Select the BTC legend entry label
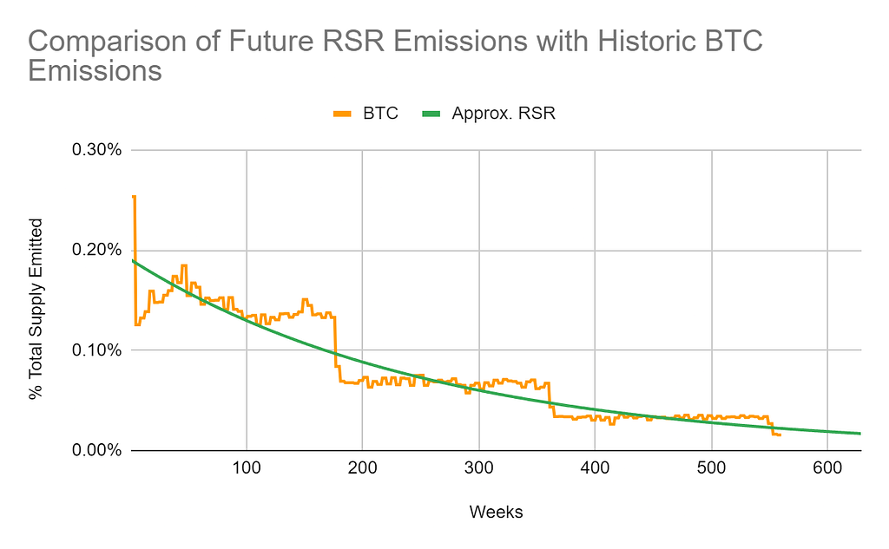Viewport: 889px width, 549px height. (380, 114)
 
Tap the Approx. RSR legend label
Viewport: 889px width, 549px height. (503, 114)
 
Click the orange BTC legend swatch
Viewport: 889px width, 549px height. (343, 114)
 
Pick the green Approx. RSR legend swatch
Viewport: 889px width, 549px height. (431, 114)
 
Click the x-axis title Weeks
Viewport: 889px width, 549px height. (496, 513)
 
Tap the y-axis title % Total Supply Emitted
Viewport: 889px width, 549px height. (36, 307)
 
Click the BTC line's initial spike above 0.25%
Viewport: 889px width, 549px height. (134, 198)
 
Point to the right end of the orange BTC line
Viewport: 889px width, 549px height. (780, 435)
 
